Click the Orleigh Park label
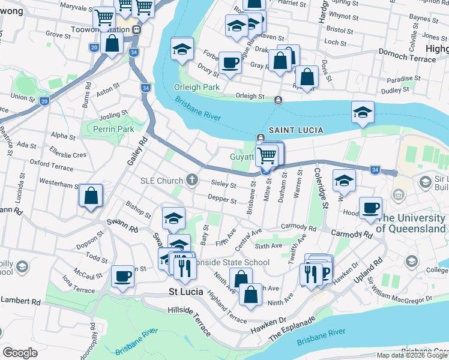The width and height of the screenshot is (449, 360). click(197, 86)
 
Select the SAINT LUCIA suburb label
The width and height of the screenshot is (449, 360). click(296, 130)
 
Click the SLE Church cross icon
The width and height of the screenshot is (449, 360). click(191, 179)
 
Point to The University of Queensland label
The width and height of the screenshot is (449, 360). click(412, 223)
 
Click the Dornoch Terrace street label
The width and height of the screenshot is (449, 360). click(407, 59)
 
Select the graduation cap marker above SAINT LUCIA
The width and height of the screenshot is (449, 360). click(363, 112)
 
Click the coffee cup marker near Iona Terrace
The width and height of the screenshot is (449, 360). click(122, 277)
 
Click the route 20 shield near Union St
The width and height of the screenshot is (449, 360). click(44, 101)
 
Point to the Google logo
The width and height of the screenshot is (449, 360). click(20, 353)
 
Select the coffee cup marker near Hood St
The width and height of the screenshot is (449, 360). click(370, 208)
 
